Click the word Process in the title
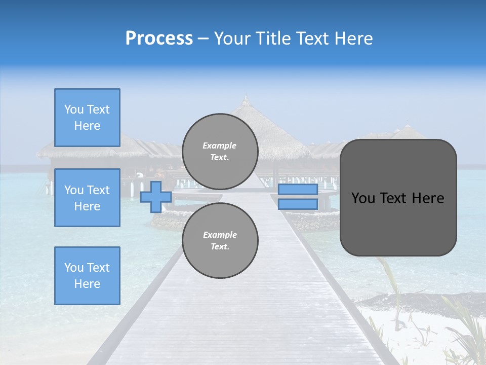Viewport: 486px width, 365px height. pyautogui.click(x=159, y=39)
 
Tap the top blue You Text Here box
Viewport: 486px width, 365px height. pyautogui.click(x=87, y=118)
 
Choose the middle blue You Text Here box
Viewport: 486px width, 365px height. pyautogui.click(x=87, y=198)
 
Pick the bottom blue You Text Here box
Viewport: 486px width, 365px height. pyautogui.click(x=87, y=276)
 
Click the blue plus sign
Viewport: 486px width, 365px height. pyautogui.click(x=155, y=197)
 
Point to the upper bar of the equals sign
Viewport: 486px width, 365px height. pyautogui.click(x=298, y=190)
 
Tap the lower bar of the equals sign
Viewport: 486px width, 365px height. pyautogui.click(x=298, y=204)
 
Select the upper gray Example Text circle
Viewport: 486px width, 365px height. pyautogui.click(x=220, y=152)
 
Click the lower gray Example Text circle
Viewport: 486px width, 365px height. pyautogui.click(x=220, y=241)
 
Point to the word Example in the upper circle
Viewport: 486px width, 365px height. pyautogui.click(x=220, y=145)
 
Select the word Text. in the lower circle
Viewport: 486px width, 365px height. pyautogui.click(x=220, y=247)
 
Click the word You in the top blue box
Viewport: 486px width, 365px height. pyautogui.click(x=73, y=109)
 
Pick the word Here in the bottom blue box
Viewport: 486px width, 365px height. pyautogui.click(x=87, y=284)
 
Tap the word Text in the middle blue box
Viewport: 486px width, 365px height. pyautogui.click(x=98, y=190)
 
